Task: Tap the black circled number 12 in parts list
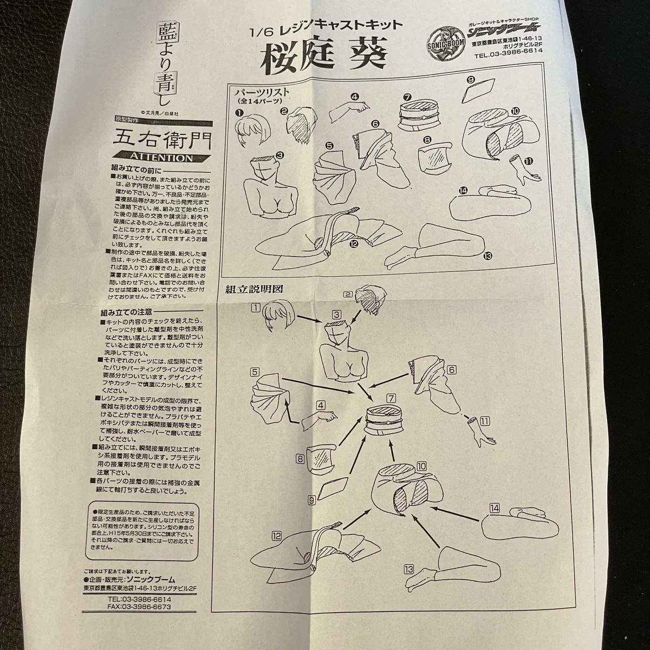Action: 354,244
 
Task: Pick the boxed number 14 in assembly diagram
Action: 493,508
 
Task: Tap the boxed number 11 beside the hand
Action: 484,420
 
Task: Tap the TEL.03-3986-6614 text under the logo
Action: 508,55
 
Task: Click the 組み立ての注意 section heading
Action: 127,313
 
